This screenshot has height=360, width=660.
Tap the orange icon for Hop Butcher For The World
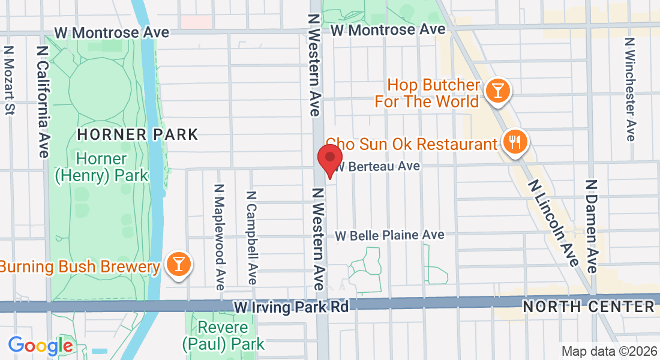point(497,91)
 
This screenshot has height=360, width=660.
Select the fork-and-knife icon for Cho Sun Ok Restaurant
point(514,142)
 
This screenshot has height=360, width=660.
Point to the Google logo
point(40,345)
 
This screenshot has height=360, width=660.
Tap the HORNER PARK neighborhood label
point(138,134)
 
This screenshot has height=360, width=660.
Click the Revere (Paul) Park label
point(223,336)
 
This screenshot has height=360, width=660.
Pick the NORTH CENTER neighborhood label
point(588,307)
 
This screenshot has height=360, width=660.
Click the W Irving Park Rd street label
point(292,307)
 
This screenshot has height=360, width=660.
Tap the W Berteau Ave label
point(377,166)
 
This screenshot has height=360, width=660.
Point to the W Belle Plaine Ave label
point(389,235)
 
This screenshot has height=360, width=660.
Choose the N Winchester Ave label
point(629,89)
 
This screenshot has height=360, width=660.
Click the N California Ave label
point(43,102)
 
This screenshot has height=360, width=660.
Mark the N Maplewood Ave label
point(219,235)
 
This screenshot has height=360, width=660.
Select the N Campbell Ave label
point(252,238)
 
